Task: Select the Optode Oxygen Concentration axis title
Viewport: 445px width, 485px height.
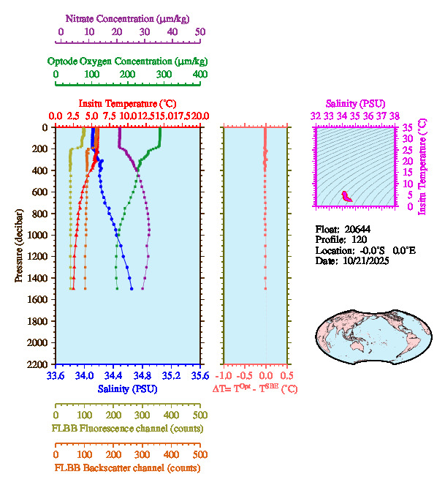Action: point(127,61)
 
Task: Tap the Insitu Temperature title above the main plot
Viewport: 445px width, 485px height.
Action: point(126,103)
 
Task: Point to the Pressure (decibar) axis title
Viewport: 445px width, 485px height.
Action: point(19,246)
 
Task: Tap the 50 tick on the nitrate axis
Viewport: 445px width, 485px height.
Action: point(200,32)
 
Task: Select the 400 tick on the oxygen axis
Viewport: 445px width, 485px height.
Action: point(200,75)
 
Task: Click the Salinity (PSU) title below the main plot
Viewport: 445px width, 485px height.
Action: point(126,388)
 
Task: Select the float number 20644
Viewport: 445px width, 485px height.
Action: point(362,229)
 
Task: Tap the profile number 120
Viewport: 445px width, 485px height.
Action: point(359,239)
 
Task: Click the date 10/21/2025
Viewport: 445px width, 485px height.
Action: point(364,260)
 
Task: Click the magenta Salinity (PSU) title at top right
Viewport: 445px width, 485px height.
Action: point(354,104)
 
